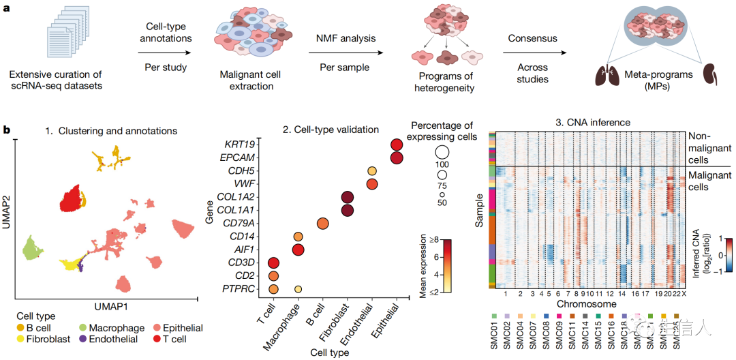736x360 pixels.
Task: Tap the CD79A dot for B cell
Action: [x=322, y=224]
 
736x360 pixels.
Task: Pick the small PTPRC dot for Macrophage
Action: [x=298, y=289]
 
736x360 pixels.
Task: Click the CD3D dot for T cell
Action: [x=273, y=263]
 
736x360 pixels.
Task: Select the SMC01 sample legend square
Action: [x=493, y=317]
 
